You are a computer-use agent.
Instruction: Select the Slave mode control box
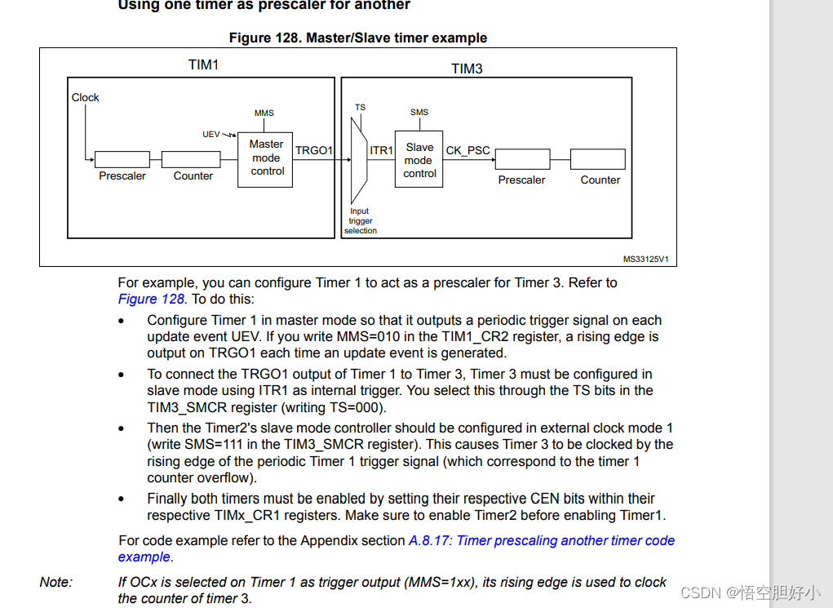(x=419, y=160)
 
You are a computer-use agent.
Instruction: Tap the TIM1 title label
(x=203, y=64)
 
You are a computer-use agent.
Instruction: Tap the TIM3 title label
(x=467, y=69)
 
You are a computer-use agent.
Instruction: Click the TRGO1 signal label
(x=314, y=150)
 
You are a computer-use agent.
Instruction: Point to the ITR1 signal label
(x=381, y=150)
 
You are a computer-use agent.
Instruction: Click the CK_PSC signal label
(x=468, y=150)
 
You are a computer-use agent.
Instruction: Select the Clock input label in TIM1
(x=85, y=97)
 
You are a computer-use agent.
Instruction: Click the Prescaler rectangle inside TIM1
(x=122, y=159)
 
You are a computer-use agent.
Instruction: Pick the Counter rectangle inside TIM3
(x=598, y=159)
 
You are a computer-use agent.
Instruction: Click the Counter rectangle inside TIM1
(x=193, y=159)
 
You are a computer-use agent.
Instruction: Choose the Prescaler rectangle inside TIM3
(x=522, y=159)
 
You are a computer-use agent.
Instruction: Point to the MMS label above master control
(x=264, y=113)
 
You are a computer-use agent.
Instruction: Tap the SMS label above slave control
(x=419, y=112)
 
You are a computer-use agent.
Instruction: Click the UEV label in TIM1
(x=211, y=134)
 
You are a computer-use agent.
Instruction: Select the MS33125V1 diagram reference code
(x=645, y=259)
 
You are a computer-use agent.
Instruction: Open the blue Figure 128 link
(x=151, y=299)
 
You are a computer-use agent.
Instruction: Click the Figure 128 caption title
(x=357, y=38)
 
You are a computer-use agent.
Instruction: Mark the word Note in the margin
(x=55, y=582)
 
